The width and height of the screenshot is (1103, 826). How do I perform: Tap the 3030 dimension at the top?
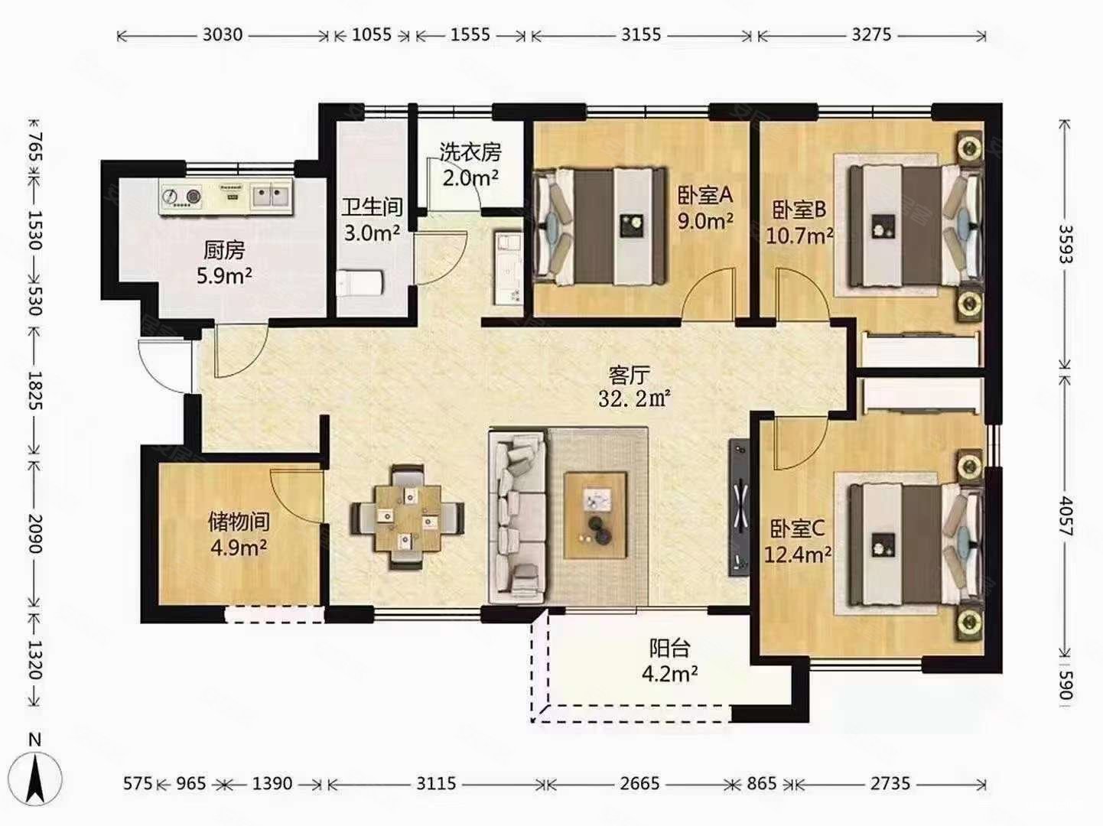(x=222, y=35)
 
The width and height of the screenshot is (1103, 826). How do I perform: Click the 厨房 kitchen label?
(x=224, y=250)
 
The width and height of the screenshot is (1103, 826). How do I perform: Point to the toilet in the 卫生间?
(x=360, y=283)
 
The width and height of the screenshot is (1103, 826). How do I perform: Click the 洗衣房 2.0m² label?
(x=471, y=164)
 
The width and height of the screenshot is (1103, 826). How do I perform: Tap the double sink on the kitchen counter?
(x=272, y=197)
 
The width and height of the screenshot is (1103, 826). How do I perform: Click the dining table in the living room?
(x=407, y=518)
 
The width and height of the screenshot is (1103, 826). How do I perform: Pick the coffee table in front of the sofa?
(x=595, y=515)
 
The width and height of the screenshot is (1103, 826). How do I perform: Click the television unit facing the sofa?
(x=740, y=508)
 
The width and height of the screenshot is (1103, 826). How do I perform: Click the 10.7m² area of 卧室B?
(x=799, y=235)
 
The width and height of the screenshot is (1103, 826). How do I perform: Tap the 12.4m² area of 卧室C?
(x=798, y=554)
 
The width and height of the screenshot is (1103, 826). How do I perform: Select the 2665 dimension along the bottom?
(x=639, y=783)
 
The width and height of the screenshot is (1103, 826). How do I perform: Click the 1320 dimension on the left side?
(x=35, y=660)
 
